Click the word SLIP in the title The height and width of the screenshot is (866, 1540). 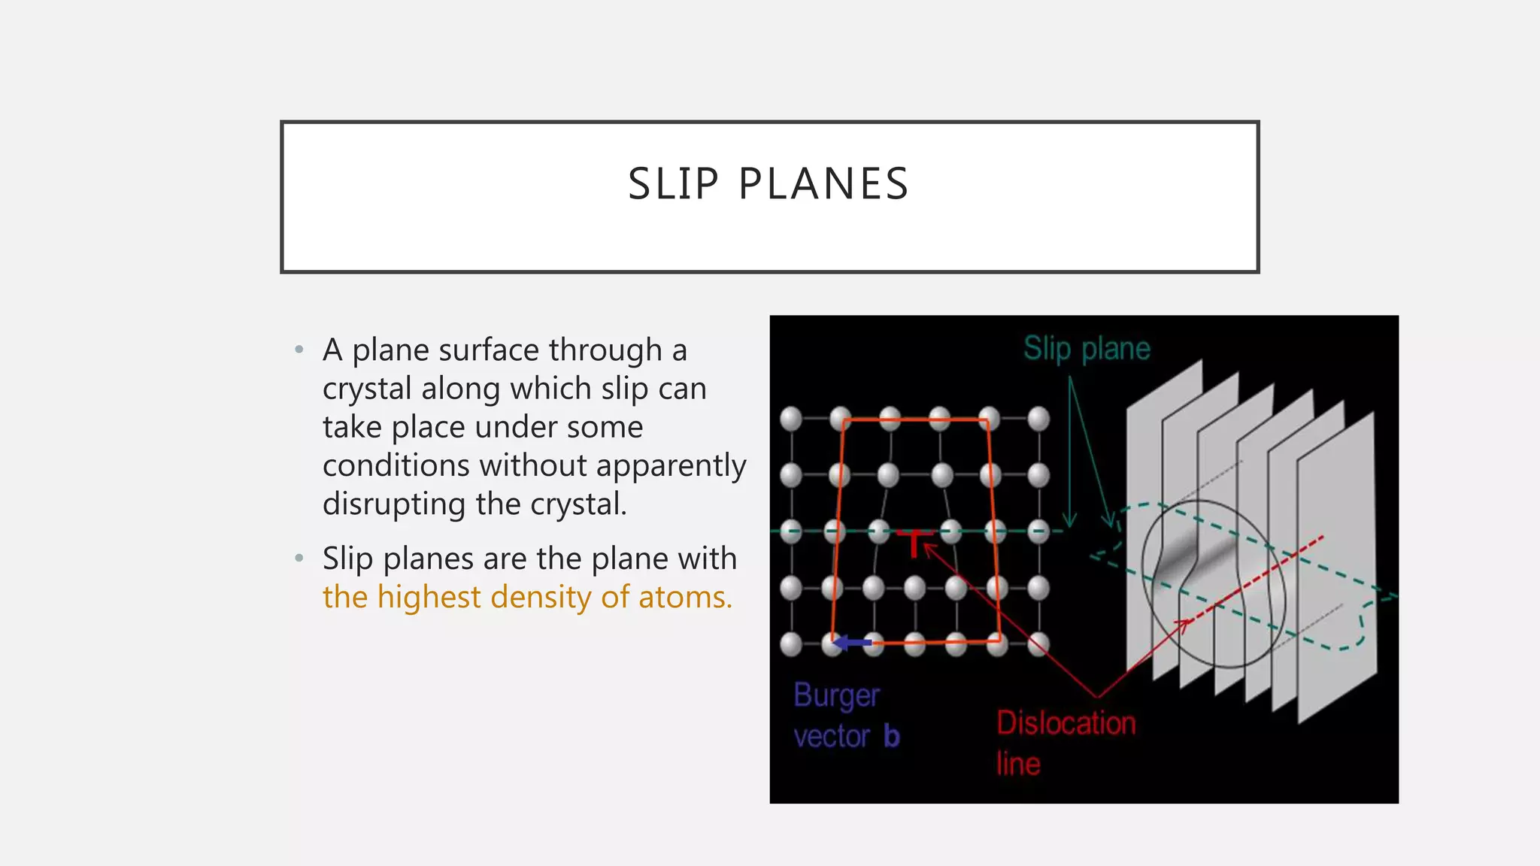[x=673, y=184]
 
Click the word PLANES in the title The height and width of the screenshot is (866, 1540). [x=823, y=184]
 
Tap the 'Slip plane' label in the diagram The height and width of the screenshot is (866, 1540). [x=1087, y=349]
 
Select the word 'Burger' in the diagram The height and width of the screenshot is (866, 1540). [x=836, y=696]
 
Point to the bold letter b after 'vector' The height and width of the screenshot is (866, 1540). [x=892, y=737]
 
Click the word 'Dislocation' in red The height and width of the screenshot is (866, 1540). [x=1066, y=723]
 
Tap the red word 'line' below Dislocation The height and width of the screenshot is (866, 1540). [x=1018, y=764]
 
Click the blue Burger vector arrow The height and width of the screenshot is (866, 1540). [x=852, y=643]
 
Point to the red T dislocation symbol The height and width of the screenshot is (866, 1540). [x=914, y=543]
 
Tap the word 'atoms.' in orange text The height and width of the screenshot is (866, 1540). [x=685, y=597]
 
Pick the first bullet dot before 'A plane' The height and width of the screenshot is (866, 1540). [x=299, y=350]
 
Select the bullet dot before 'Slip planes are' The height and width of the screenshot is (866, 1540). [x=299, y=558]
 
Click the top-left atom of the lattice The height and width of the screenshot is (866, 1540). [x=791, y=419]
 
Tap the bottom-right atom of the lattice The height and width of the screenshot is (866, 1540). [x=1038, y=643]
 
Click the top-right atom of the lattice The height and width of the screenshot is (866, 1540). [x=1038, y=419]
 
